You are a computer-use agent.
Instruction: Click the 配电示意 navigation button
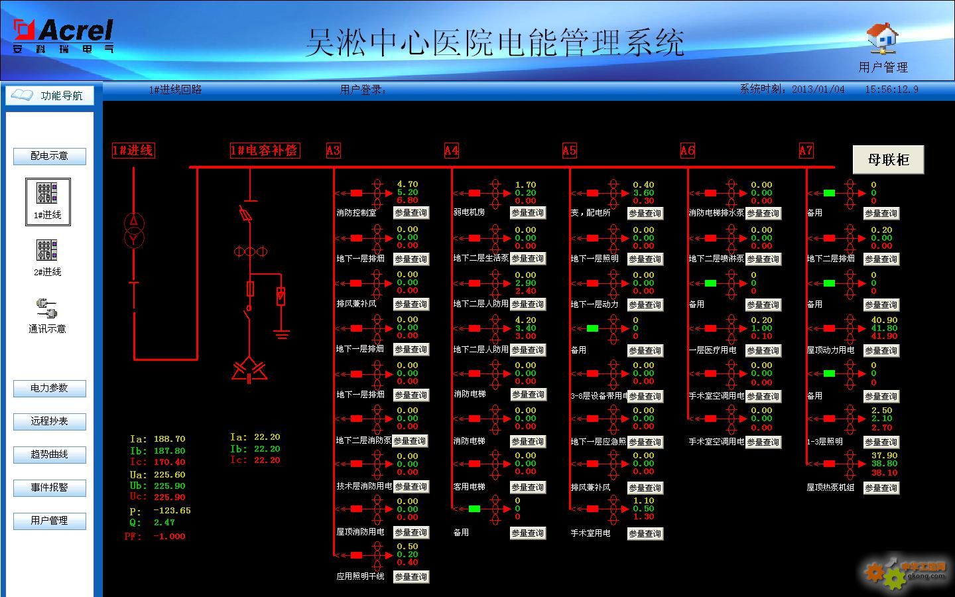50,156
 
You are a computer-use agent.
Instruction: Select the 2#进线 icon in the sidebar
47,251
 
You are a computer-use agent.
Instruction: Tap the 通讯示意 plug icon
47,308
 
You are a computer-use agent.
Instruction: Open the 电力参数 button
50,388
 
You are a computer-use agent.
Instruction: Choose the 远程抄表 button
50,421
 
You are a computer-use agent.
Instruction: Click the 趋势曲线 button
50,454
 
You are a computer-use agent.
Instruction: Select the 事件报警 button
50,488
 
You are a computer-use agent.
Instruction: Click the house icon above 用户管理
883,38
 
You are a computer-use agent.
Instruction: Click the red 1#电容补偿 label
264,151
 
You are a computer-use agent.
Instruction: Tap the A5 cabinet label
570,151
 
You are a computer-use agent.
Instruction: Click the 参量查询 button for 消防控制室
411,213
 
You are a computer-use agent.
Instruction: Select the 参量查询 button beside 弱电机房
528,213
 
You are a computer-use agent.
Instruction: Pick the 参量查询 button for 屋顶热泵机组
881,488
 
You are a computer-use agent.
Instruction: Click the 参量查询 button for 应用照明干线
411,577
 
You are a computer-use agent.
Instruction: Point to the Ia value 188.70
169,439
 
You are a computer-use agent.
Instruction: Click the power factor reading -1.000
169,536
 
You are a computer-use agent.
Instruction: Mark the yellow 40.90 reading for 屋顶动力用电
884,320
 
